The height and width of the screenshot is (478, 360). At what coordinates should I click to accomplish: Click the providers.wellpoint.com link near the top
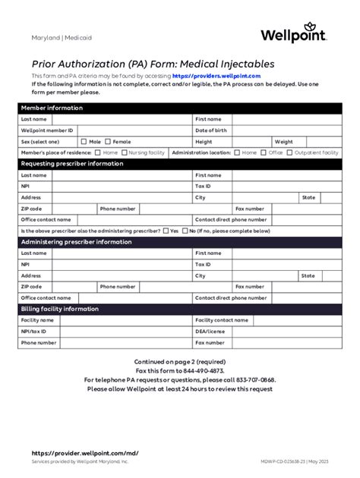[x=216, y=77]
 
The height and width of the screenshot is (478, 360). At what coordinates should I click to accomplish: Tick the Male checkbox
[x=84, y=141]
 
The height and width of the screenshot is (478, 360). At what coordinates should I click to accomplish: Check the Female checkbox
[x=108, y=141]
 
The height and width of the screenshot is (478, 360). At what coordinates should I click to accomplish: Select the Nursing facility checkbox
[x=124, y=153]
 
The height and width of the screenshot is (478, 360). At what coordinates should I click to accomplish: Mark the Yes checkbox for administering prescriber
[x=165, y=231]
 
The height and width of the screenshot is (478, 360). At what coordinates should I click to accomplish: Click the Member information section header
[x=52, y=108]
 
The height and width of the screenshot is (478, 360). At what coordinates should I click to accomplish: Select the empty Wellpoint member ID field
[x=122, y=131]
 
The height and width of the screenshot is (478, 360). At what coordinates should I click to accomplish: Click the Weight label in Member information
[x=283, y=141]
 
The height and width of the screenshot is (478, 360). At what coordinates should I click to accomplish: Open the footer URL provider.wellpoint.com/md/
[x=84, y=453]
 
